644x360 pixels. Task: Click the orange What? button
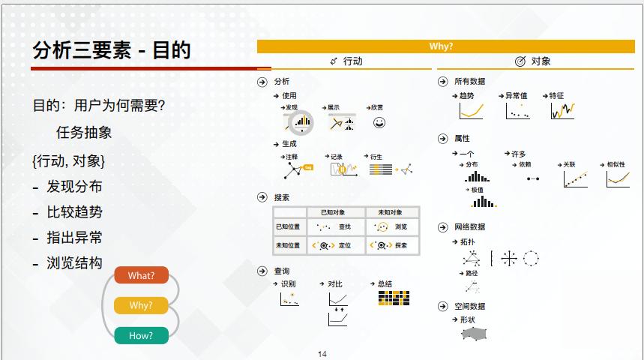(141, 275)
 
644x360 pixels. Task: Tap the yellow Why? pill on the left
(141, 305)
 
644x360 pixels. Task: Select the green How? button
(141, 335)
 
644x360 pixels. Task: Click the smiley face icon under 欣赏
(379, 122)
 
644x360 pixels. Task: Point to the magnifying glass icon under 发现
(301, 122)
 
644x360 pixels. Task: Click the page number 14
(322, 354)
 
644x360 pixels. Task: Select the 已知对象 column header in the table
(333, 212)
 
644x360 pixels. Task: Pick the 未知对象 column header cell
(390, 212)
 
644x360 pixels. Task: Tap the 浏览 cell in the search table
(390, 226)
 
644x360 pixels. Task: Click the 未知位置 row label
(288, 245)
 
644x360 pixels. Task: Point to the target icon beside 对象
(520, 61)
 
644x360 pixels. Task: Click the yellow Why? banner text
(441, 46)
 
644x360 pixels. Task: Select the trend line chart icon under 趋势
(471, 111)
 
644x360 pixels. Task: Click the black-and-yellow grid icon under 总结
(394, 298)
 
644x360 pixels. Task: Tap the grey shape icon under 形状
(474, 333)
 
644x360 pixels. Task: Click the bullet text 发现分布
(74, 187)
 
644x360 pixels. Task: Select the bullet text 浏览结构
(74, 263)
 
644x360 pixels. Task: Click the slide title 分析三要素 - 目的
(112, 50)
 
